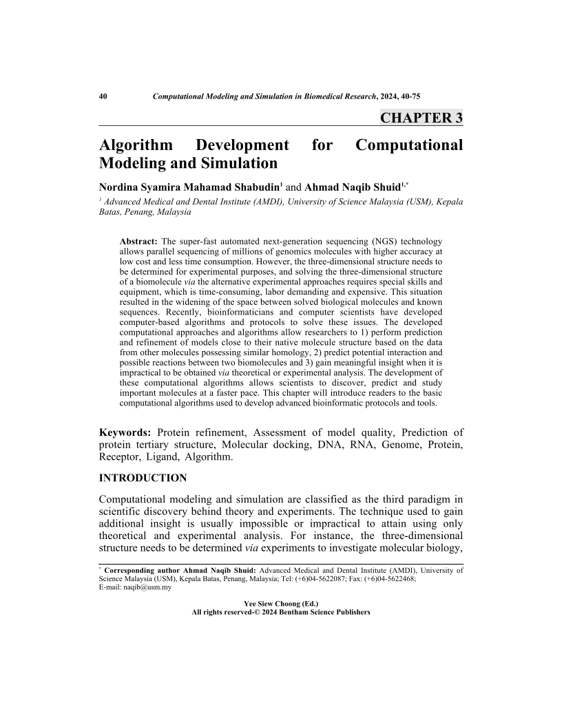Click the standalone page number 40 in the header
pos(103,97)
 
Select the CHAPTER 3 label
pos(421,118)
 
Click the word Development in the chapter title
pos(242,145)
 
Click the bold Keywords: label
pos(125,433)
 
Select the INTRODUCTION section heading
pos(143,478)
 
